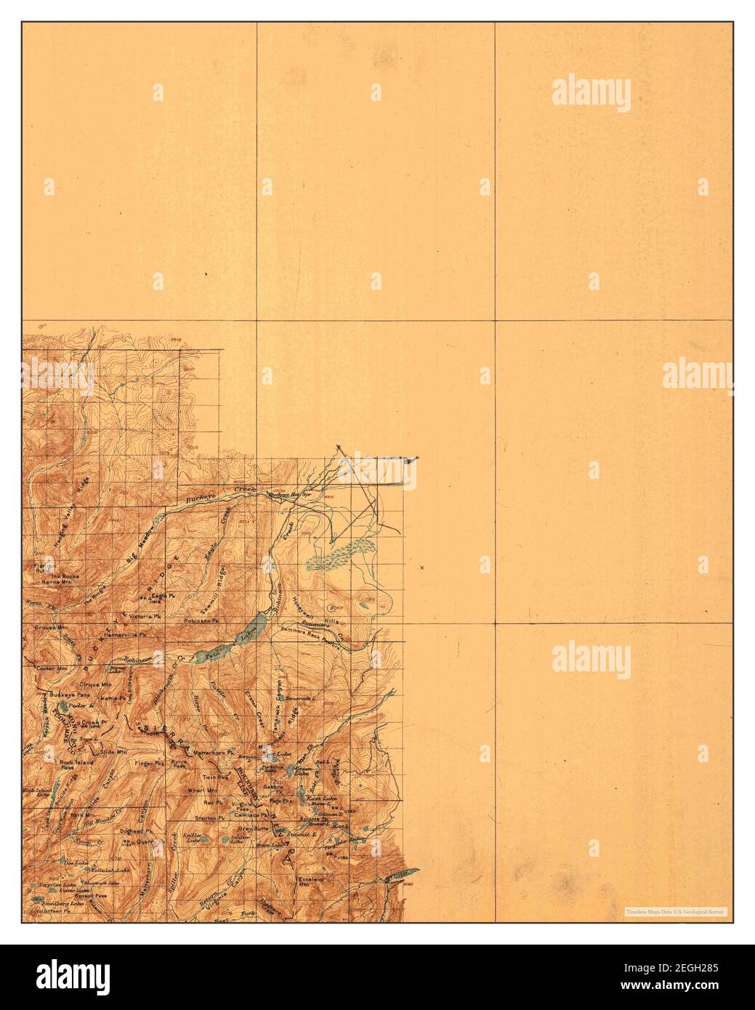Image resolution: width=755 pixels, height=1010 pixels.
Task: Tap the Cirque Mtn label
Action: click(x=96, y=684)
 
